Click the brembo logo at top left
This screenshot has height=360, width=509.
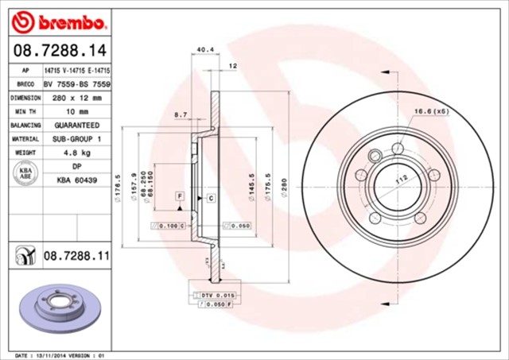(x=56, y=18)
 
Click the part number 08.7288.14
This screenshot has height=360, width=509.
(x=53, y=50)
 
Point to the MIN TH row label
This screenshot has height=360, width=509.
(x=25, y=112)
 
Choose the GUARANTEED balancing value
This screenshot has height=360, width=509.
(x=76, y=126)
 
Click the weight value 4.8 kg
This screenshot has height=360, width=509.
(x=76, y=153)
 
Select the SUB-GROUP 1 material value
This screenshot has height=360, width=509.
(x=76, y=140)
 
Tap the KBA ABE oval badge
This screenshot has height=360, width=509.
(x=25, y=173)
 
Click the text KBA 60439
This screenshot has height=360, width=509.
(x=76, y=180)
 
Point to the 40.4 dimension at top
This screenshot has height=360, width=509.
(x=204, y=50)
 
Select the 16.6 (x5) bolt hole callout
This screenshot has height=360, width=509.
(x=430, y=111)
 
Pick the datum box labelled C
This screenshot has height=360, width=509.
(x=211, y=196)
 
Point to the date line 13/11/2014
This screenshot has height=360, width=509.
(x=60, y=355)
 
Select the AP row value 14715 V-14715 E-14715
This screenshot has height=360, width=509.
(x=76, y=70)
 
